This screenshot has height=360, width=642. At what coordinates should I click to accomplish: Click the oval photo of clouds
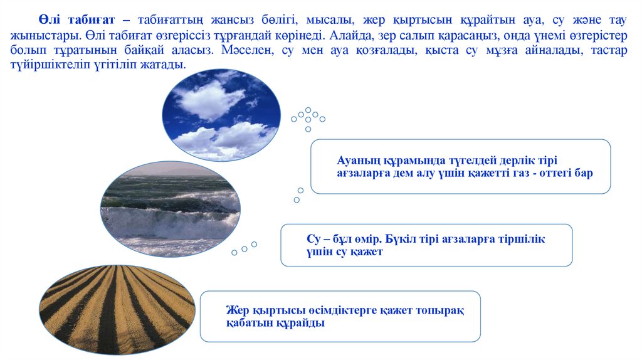[x=221, y=115]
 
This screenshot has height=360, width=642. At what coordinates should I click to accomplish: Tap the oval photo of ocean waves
[x=170, y=209]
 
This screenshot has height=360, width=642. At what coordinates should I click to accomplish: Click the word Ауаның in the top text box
[x=358, y=160]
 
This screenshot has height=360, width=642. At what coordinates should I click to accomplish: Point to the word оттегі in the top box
[x=550, y=173]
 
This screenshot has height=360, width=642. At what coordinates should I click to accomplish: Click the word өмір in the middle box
[x=366, y=240]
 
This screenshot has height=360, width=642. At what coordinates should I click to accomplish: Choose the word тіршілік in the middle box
[x=522, y=240]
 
